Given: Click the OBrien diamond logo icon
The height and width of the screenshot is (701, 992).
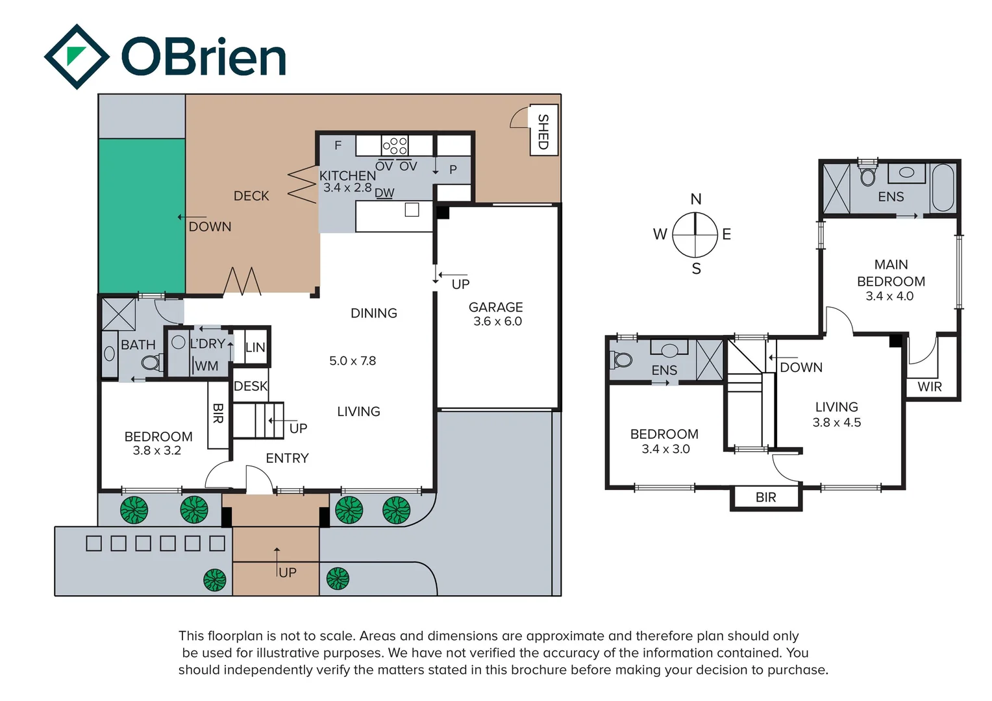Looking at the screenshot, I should tap(77, 56).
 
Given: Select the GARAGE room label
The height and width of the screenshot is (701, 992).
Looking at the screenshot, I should tap(495, 307).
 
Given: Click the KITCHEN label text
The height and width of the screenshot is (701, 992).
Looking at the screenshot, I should tap(347, 175).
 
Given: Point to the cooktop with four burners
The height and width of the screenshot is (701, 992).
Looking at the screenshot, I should tap(394, 145).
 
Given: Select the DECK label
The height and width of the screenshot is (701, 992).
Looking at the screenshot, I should tap(251, 196).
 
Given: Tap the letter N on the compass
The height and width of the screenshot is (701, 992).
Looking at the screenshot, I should tap(695, 199).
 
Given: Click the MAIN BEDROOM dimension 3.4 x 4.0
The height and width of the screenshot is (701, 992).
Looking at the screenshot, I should tap(889, 297).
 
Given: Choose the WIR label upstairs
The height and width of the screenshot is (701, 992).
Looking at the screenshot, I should tap(929, 387).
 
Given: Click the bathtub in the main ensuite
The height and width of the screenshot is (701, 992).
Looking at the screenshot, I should tap(943, 187).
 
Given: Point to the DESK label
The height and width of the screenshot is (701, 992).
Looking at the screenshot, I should tap(251, 386).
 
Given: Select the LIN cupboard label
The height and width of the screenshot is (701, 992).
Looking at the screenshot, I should tap(255, 348).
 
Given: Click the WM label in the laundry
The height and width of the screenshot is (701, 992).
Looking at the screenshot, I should tap(206, 366).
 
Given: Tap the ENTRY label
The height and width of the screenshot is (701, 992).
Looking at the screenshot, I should tap(287, 458).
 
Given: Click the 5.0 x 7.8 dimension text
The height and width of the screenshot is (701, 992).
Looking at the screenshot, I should tap(353, 361).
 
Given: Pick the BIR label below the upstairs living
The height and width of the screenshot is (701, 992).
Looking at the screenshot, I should tap(765, 497).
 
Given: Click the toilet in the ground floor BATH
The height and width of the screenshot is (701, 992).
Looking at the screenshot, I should tap(151, 362).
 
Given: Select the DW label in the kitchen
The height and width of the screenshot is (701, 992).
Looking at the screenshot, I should tap(384, 193).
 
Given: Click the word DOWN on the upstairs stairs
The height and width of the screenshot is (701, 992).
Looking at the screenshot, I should tap(800, 367).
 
